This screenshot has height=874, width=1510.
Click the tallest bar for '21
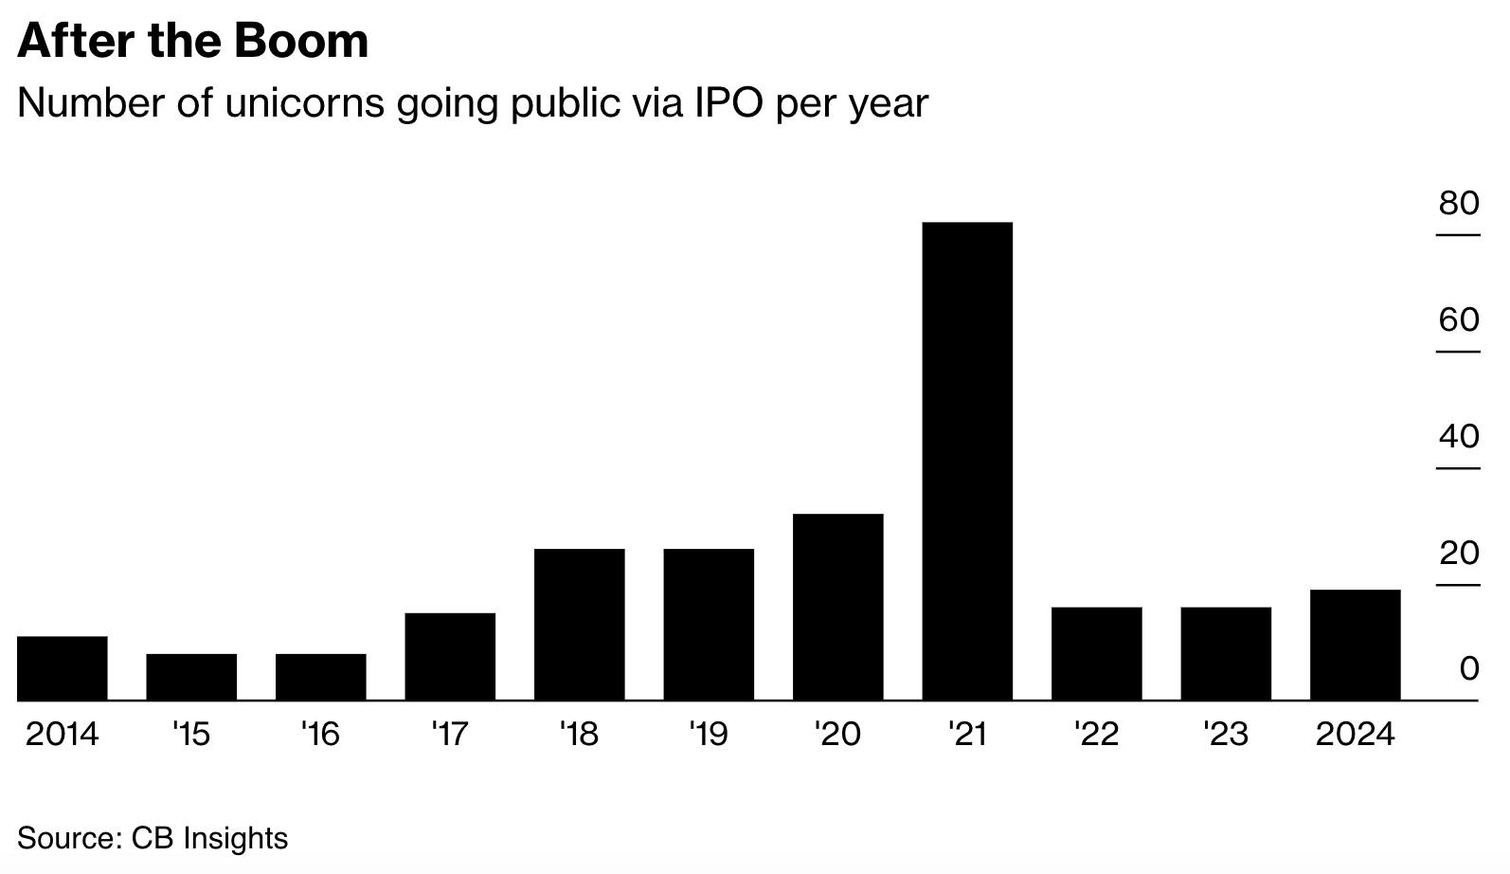[967, 462]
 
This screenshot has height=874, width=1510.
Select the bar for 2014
[63, 668]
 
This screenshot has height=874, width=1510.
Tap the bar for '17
[450, 657]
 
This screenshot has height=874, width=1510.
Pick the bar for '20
[838, 607]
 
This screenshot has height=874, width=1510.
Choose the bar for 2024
[1355, 645]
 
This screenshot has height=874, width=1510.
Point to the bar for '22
[1097, 654]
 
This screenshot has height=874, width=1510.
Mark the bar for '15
[191, 677]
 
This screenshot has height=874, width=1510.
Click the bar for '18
[580, 625]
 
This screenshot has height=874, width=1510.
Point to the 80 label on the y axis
[1459, 203]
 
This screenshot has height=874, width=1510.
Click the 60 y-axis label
[1459, 320]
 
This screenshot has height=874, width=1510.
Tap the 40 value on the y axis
[1459, 437]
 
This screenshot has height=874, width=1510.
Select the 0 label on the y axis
[1469, 669]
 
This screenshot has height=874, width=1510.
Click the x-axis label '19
[709, 735]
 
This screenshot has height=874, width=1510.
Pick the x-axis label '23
[1226, 735]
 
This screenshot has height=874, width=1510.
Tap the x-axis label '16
[320, 735]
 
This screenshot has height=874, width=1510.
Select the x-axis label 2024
[1355, 735]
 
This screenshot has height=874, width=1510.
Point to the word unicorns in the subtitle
[305, 103]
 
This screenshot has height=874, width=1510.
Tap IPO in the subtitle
[728, 103]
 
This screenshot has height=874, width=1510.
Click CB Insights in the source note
[209, 839]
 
